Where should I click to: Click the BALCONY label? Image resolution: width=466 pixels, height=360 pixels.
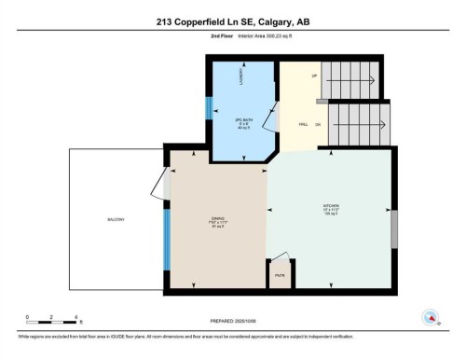[x=116, y=219]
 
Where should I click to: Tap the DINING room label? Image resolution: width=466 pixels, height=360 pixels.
[x=217, y=219]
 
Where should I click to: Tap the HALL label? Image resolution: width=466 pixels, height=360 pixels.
[x=303, y=122]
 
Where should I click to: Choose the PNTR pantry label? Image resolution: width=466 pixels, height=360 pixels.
[x=280, y=276]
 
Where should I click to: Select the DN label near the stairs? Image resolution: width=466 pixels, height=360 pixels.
[x=319, y=123]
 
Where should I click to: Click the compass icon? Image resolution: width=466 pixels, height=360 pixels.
[x=430, y=315]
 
